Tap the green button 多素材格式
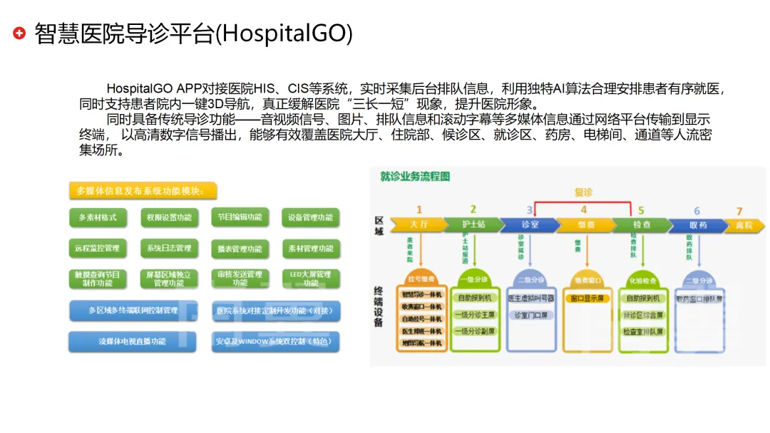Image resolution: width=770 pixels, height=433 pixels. (x=98, y=217)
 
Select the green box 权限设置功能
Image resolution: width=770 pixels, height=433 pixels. (x=169, y=217)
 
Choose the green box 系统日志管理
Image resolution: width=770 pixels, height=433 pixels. (x=169, y=249)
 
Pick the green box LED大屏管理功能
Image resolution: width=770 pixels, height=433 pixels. (x=311, y=278)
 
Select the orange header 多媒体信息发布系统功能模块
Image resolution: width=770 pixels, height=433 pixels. (x=143, y=191)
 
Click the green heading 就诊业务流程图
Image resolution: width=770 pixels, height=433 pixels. (x=415, y=176)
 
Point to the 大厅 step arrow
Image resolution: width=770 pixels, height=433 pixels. (x=418, y=224)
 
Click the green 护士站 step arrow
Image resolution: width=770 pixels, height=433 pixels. (x=473, y=224)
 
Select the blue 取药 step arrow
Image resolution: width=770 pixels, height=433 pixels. (x=697, y=225)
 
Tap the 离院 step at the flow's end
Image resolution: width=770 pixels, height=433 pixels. (x=743, y=225)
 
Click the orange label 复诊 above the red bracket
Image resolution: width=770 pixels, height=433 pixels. (x=583, y=192)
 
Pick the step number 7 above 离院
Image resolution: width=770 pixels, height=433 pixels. (x=739, y=211)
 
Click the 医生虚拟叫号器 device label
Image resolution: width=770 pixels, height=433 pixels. (x=529, y=298)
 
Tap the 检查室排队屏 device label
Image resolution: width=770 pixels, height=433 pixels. (x=642, y=331)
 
